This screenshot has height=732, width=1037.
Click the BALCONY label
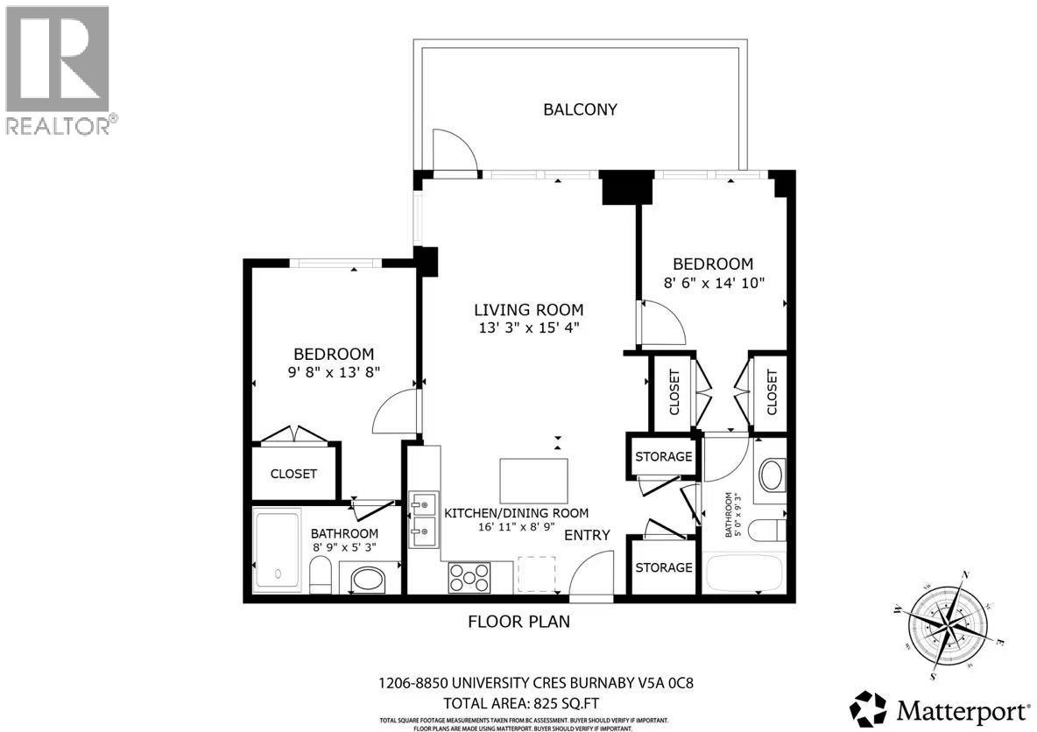click(x=580, y=109)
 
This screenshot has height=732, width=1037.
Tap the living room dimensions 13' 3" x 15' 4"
click(x=528, y=327)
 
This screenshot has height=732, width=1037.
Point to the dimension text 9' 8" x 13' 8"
click(x=334, y=372)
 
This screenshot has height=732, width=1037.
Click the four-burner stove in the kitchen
click(x=469, y=577)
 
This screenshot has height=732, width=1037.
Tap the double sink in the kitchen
click(x=423, y=517)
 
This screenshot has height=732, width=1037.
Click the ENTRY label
click(x=586, y=535)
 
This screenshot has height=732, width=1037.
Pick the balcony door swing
click(x=455, y=154)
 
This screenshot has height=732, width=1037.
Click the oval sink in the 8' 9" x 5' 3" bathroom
click(x=367, y=580)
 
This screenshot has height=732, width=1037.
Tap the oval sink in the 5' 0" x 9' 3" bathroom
click(x=771, y=475)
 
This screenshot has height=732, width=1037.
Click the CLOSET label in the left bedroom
click(x=293, y=474)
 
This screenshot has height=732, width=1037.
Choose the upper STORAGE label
click(x=663, y=456)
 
